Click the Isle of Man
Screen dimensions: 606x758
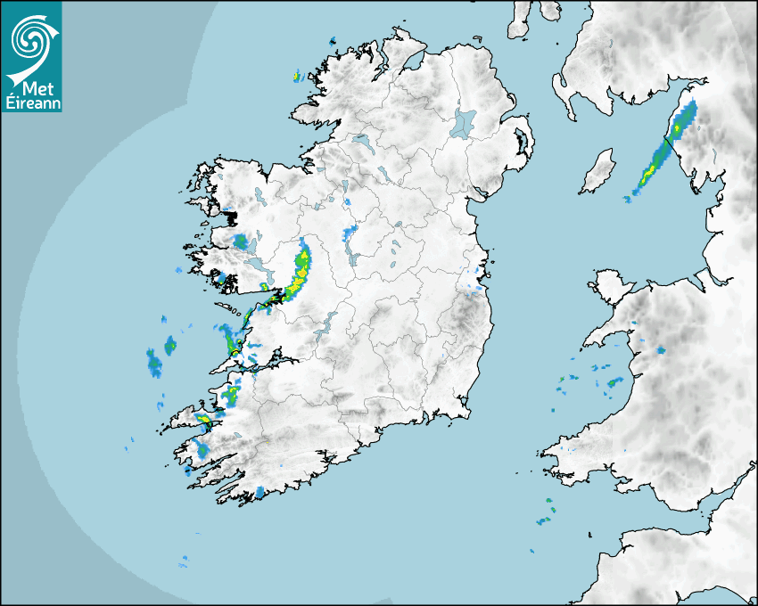598,172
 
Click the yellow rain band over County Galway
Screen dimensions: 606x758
300,271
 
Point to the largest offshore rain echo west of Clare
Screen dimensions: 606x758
154,361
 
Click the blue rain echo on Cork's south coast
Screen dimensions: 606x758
260,491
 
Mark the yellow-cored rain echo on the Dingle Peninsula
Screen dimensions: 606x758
204,419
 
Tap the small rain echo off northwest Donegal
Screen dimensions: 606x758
297,77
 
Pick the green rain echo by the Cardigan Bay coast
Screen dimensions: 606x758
614,382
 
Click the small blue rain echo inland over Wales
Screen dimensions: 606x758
660,351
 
